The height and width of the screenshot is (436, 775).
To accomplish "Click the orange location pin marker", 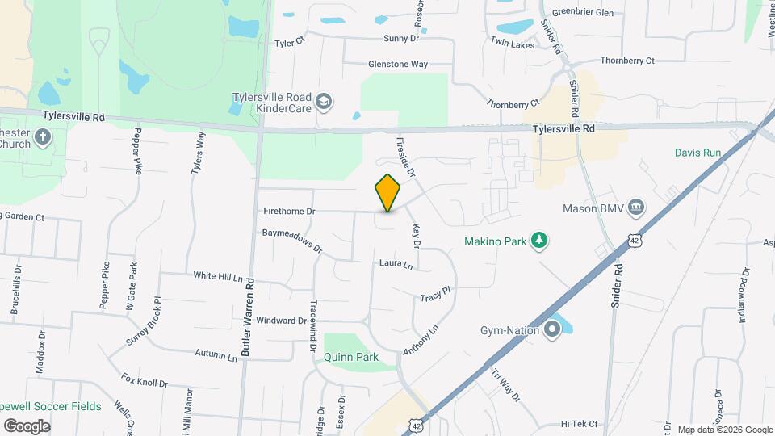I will coord(388,193).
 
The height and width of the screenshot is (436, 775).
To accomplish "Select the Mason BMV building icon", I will coord(636,208).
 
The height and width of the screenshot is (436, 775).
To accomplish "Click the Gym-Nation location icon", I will coord(552,329).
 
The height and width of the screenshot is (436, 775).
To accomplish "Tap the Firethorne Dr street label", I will coord(288,211).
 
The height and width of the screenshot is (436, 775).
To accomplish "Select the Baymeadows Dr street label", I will coord(292,241).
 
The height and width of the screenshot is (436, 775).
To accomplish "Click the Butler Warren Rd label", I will coord(249,318).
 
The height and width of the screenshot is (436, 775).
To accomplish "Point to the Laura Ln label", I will coord(396,264).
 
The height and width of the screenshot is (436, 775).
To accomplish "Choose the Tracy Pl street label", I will coord(434,298).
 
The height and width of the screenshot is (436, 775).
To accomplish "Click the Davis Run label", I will coord(697,152).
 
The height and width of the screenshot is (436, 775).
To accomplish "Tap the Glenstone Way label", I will coord(398,64).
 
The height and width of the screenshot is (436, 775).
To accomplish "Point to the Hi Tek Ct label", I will coord(579,424).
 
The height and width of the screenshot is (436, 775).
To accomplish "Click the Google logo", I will coord(27,426).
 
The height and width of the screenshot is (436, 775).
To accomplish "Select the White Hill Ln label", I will coord(218,275).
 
